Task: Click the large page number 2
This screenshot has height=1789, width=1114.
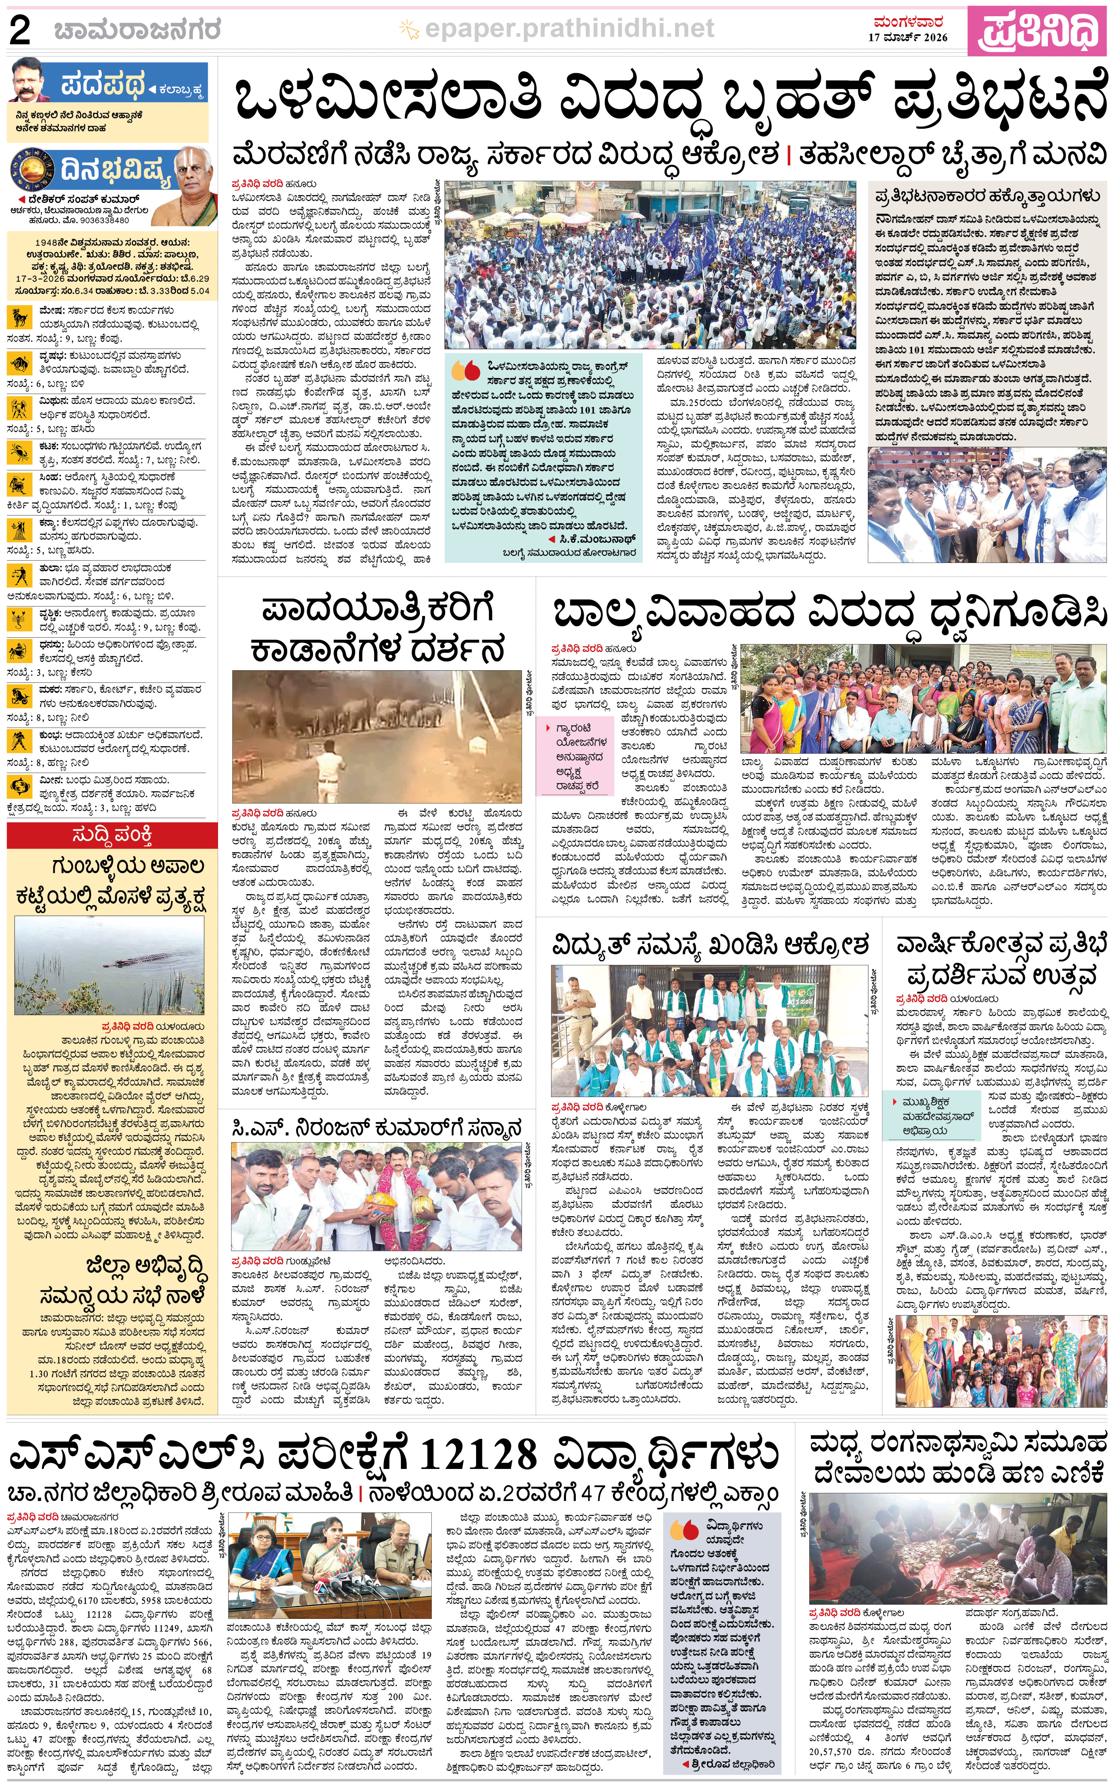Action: pos(20,31)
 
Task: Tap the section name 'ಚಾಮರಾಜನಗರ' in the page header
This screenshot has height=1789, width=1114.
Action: pos(137,31)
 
